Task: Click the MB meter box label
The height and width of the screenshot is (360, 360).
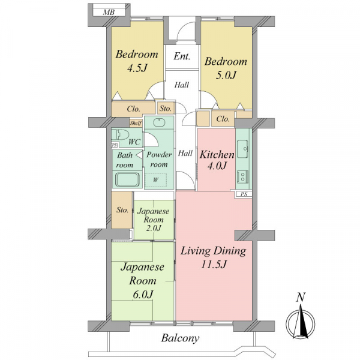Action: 109,12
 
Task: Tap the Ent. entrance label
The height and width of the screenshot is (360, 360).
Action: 182,56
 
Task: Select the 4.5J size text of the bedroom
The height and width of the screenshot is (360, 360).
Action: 137,68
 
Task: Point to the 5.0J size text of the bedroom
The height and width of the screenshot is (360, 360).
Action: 226,76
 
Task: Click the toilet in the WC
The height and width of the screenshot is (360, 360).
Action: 120,134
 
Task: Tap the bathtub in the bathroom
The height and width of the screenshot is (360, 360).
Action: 127,180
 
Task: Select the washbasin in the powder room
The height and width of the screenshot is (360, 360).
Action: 159,122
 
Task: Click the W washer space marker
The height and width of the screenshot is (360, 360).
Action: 156,179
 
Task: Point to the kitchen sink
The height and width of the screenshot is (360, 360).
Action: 242,149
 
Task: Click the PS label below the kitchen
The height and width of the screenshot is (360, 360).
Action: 244,194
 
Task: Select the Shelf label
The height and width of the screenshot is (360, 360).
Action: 136,123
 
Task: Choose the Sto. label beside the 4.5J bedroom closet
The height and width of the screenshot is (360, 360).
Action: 166,109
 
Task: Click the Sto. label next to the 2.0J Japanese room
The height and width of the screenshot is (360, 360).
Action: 122,210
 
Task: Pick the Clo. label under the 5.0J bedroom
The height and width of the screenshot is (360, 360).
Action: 223,119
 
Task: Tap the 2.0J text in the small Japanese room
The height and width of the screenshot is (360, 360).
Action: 154,228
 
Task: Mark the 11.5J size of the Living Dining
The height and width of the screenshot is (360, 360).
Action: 214,265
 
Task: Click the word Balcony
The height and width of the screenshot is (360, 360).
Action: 180,338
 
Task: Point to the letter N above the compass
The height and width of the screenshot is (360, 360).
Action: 301,298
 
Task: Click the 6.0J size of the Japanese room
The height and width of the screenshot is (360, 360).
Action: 143,295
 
